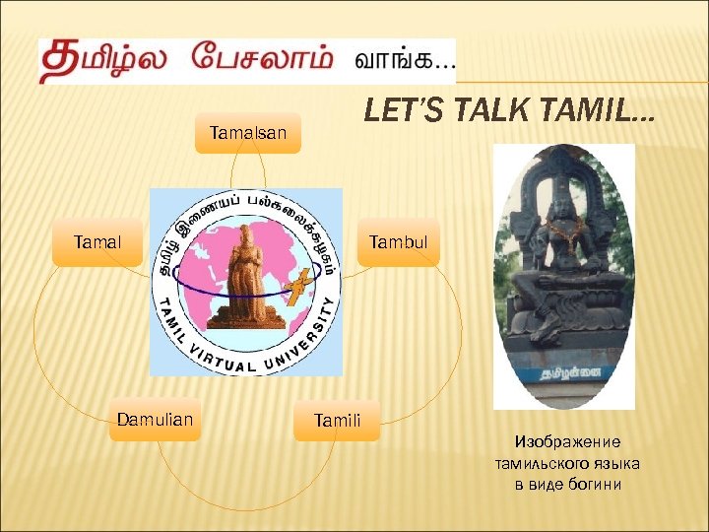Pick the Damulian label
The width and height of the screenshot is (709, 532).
point(155,420)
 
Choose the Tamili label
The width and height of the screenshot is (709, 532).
point(337,422)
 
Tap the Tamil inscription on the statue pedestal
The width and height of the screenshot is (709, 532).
point(564,374)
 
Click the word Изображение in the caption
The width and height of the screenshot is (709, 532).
point(567,442)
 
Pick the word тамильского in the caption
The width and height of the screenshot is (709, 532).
point(545,463)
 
